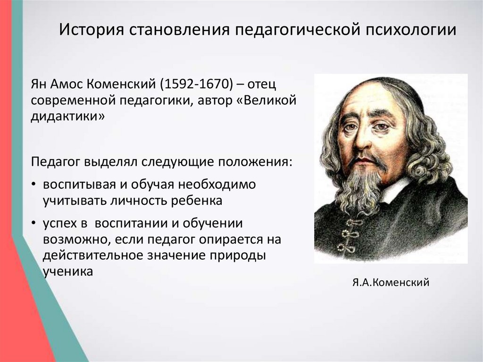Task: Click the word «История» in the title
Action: click(x=92, y=30)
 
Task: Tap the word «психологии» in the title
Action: click(x=411, y=30)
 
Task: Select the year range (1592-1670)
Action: click(x=196, y=84)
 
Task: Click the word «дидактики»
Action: click(x=68, y=117)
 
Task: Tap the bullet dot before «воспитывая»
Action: click(x=33, y=185)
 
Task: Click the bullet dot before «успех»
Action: click(x=33, y=223)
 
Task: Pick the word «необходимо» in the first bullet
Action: click(x=217, y=185)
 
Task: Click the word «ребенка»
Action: click(x=197, y=201)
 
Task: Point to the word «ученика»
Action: click(x=68, y=272)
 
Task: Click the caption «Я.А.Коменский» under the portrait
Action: click(x=391, y=282)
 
